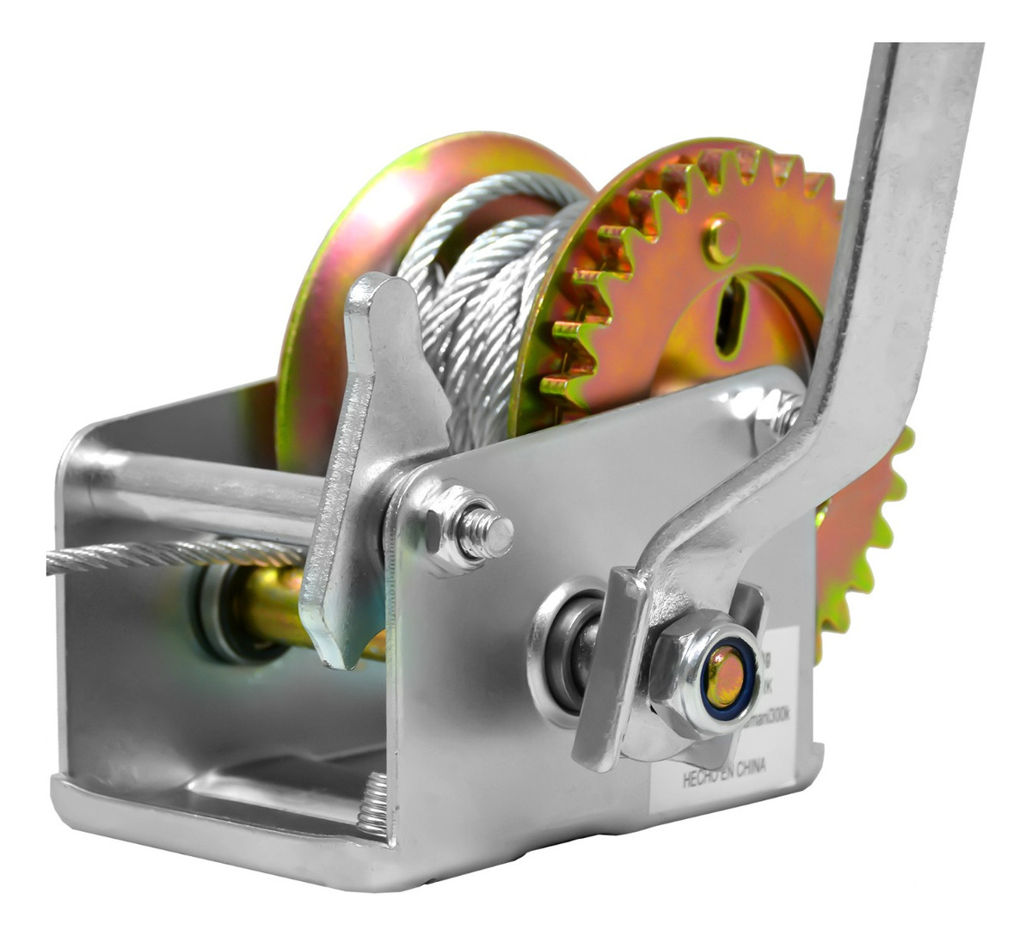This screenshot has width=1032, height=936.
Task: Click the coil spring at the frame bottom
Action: click(373, 804)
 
